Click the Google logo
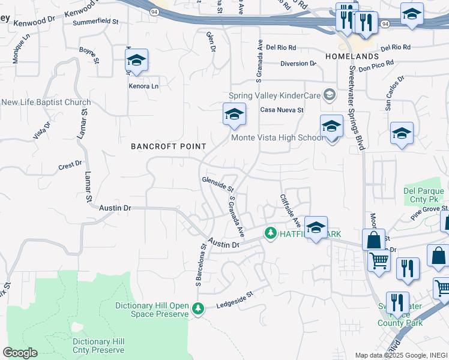tap(20, 353)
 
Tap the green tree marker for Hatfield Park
tap(271, 233)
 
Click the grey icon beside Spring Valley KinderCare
tap(329, 95)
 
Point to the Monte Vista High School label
tap(277, 138)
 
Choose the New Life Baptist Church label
tap(46, 103)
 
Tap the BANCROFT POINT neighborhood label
tap(169, 146)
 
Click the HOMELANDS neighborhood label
tap(352, 56)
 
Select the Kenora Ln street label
tap(143, 86)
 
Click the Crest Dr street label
tap(70, 164)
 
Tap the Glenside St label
tap(217, 181)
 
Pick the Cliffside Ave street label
tap(290, 209)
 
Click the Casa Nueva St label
tap(282, 110)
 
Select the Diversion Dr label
tap(298, 63)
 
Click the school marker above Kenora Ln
tap(137, 60)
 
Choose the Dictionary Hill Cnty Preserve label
tap(98, 345)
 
